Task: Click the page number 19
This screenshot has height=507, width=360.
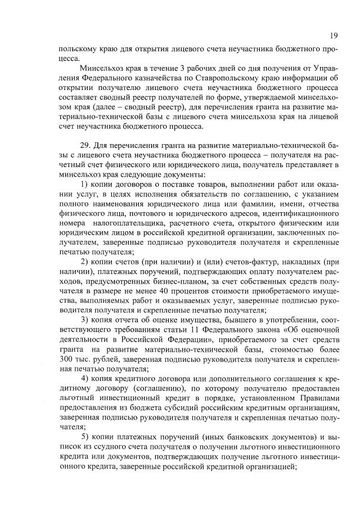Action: tap(333, 36)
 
